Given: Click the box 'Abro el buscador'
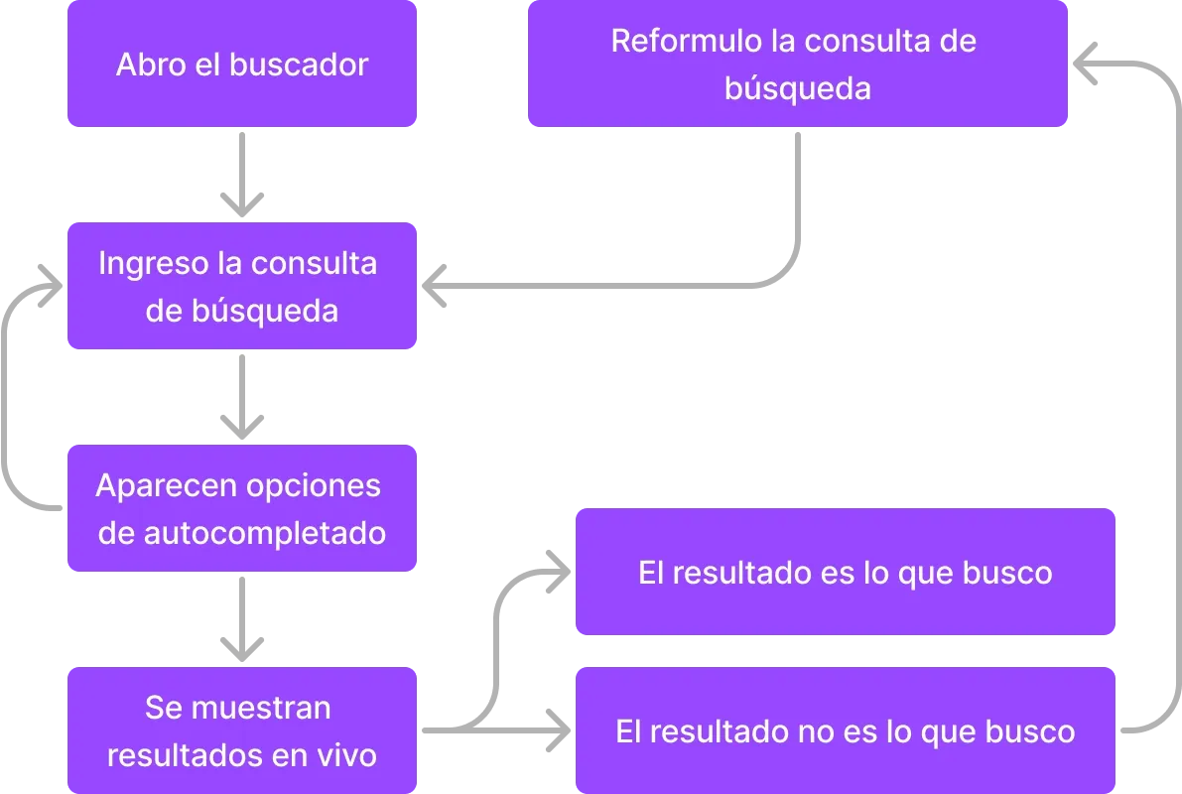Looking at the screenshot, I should pos(242,64).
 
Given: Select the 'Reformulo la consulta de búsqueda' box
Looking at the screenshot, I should pos(797,64).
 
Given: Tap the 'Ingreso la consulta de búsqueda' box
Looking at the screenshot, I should pos(242,286).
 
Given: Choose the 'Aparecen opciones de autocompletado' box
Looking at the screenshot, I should pos(242,508).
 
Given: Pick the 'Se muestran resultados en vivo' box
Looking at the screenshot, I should pos(242,731).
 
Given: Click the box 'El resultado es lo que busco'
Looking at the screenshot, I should pos(846,572).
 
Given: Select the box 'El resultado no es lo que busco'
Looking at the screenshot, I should pos(846,731).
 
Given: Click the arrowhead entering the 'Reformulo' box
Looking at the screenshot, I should pos(1088,60).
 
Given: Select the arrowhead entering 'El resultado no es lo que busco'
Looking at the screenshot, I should pos(556,731).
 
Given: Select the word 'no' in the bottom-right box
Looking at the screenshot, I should pos(816,732).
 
